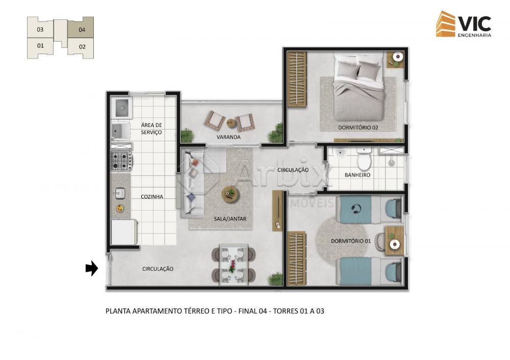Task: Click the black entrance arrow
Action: [92, 268]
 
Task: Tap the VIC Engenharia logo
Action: [464, 24]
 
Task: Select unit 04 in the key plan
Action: [81, 28]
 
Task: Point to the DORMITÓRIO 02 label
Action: [358, 127]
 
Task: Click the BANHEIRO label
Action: [358, 175]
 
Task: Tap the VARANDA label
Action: [228, 137]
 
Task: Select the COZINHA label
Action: [152, 196]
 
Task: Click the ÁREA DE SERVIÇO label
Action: [151, 128]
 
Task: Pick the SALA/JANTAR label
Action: [230, 219]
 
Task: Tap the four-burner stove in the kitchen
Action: [122, 161]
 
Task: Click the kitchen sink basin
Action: [120, 193]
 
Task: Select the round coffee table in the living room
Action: [231, 194]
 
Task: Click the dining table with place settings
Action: [234, 264]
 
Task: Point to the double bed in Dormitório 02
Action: [359, 87]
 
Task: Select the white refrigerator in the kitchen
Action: [123, 232]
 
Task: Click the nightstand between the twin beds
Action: [394, 241]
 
